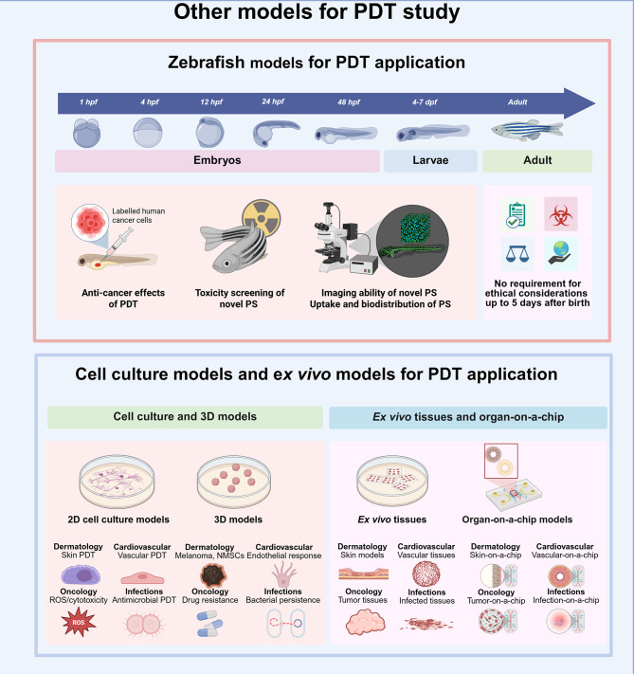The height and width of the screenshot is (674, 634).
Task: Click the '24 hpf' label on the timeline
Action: [x=274, y=100]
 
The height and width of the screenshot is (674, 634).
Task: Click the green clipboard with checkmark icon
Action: [x=512, y=214]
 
